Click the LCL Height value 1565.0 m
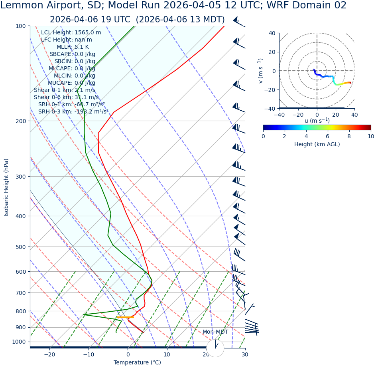[x=88, y=33]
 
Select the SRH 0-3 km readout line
[x=73, y=112]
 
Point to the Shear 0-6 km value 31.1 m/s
[x=87, y=97]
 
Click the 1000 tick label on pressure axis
[x=18, y=342]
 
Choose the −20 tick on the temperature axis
[x=49, y=354]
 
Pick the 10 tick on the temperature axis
[x=167, y=354]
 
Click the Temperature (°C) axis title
[x=137, y=363]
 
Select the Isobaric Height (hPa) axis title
[x=6, y=187]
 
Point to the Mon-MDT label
[x=215, y=332]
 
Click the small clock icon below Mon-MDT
[x=215, y=348]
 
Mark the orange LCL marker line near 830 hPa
[x=126, y=317]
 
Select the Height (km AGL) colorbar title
[x=317, y=145]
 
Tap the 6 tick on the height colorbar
[x=328, y=137]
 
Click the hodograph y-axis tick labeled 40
[x=272, y=33]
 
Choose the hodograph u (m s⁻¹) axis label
[x=317, y=121]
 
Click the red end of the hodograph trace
[x=350, y=82]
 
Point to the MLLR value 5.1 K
[x=82, y=47]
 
